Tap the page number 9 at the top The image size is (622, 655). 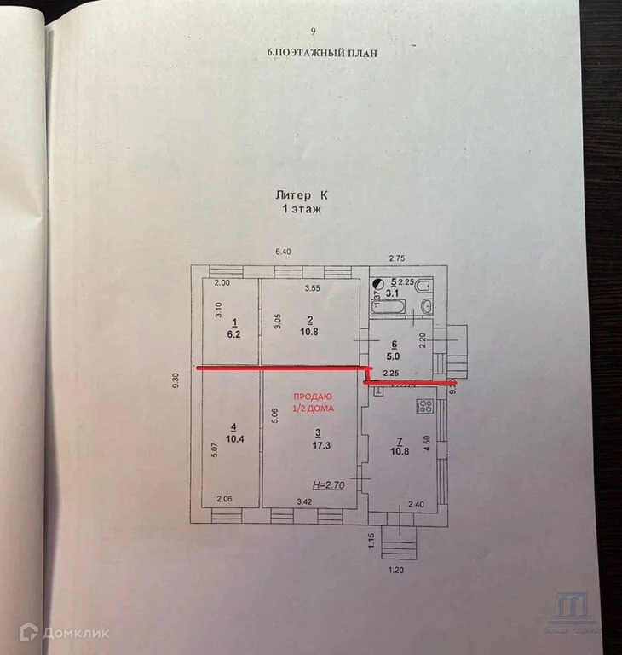(314, 32)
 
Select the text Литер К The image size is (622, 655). (298, 194)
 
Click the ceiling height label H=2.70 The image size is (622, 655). (327, 484)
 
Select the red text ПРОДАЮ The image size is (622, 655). (313, 397)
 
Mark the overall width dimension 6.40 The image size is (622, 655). (283, 251)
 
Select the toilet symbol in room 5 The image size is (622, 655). (426, 305)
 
